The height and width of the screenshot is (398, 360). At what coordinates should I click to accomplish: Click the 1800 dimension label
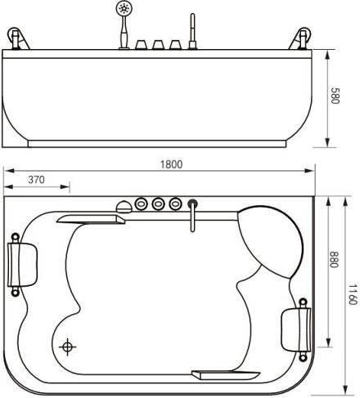[x=171, y=164]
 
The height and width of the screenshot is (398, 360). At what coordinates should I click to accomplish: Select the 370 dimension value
[x=36, y=180]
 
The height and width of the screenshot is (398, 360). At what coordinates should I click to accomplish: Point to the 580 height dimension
[x=335, y=96]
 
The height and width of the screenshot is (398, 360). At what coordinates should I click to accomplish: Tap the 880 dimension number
[x=334, y=259]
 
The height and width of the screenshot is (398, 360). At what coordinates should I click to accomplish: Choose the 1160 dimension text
[x=353, y=294]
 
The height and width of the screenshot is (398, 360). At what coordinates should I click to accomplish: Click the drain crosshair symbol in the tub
[x=67, y=347]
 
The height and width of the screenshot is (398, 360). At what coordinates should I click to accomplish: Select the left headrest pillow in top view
[x=22, y=264]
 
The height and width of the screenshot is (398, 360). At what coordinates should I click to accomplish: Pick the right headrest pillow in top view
[x=296, y=329]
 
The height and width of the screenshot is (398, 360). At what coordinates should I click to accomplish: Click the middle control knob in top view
[x=159, y=203]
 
